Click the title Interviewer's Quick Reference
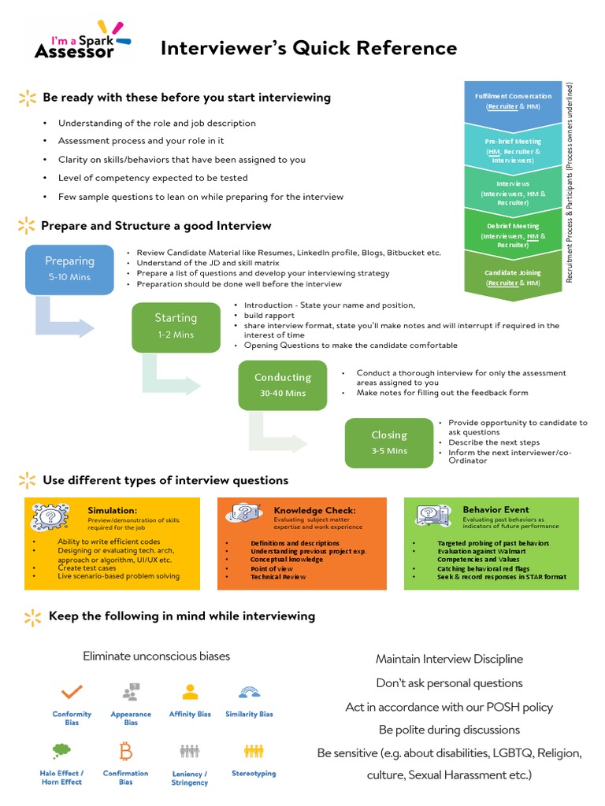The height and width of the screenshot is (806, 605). click(308, 49)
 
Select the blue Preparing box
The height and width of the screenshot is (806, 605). click(69, 268)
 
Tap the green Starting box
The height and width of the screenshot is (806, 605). click(175, 325)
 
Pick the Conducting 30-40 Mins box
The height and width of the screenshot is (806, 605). click(282, 384)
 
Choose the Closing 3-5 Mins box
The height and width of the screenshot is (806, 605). click(389, 442)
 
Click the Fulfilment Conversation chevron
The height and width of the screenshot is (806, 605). click(513, 102)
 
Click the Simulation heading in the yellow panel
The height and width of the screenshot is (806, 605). click(112, 510)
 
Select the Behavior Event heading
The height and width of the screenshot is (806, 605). click(496, 509)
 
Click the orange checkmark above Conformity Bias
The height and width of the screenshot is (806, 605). click(72, 692)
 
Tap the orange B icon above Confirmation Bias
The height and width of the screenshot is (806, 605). click(125, 749)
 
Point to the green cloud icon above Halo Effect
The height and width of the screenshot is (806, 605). click(61, 749)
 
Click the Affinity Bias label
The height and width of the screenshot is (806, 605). click(190, 714)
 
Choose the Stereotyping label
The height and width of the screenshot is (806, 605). click(254, 773)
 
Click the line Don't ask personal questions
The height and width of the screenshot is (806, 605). click(449, 682)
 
